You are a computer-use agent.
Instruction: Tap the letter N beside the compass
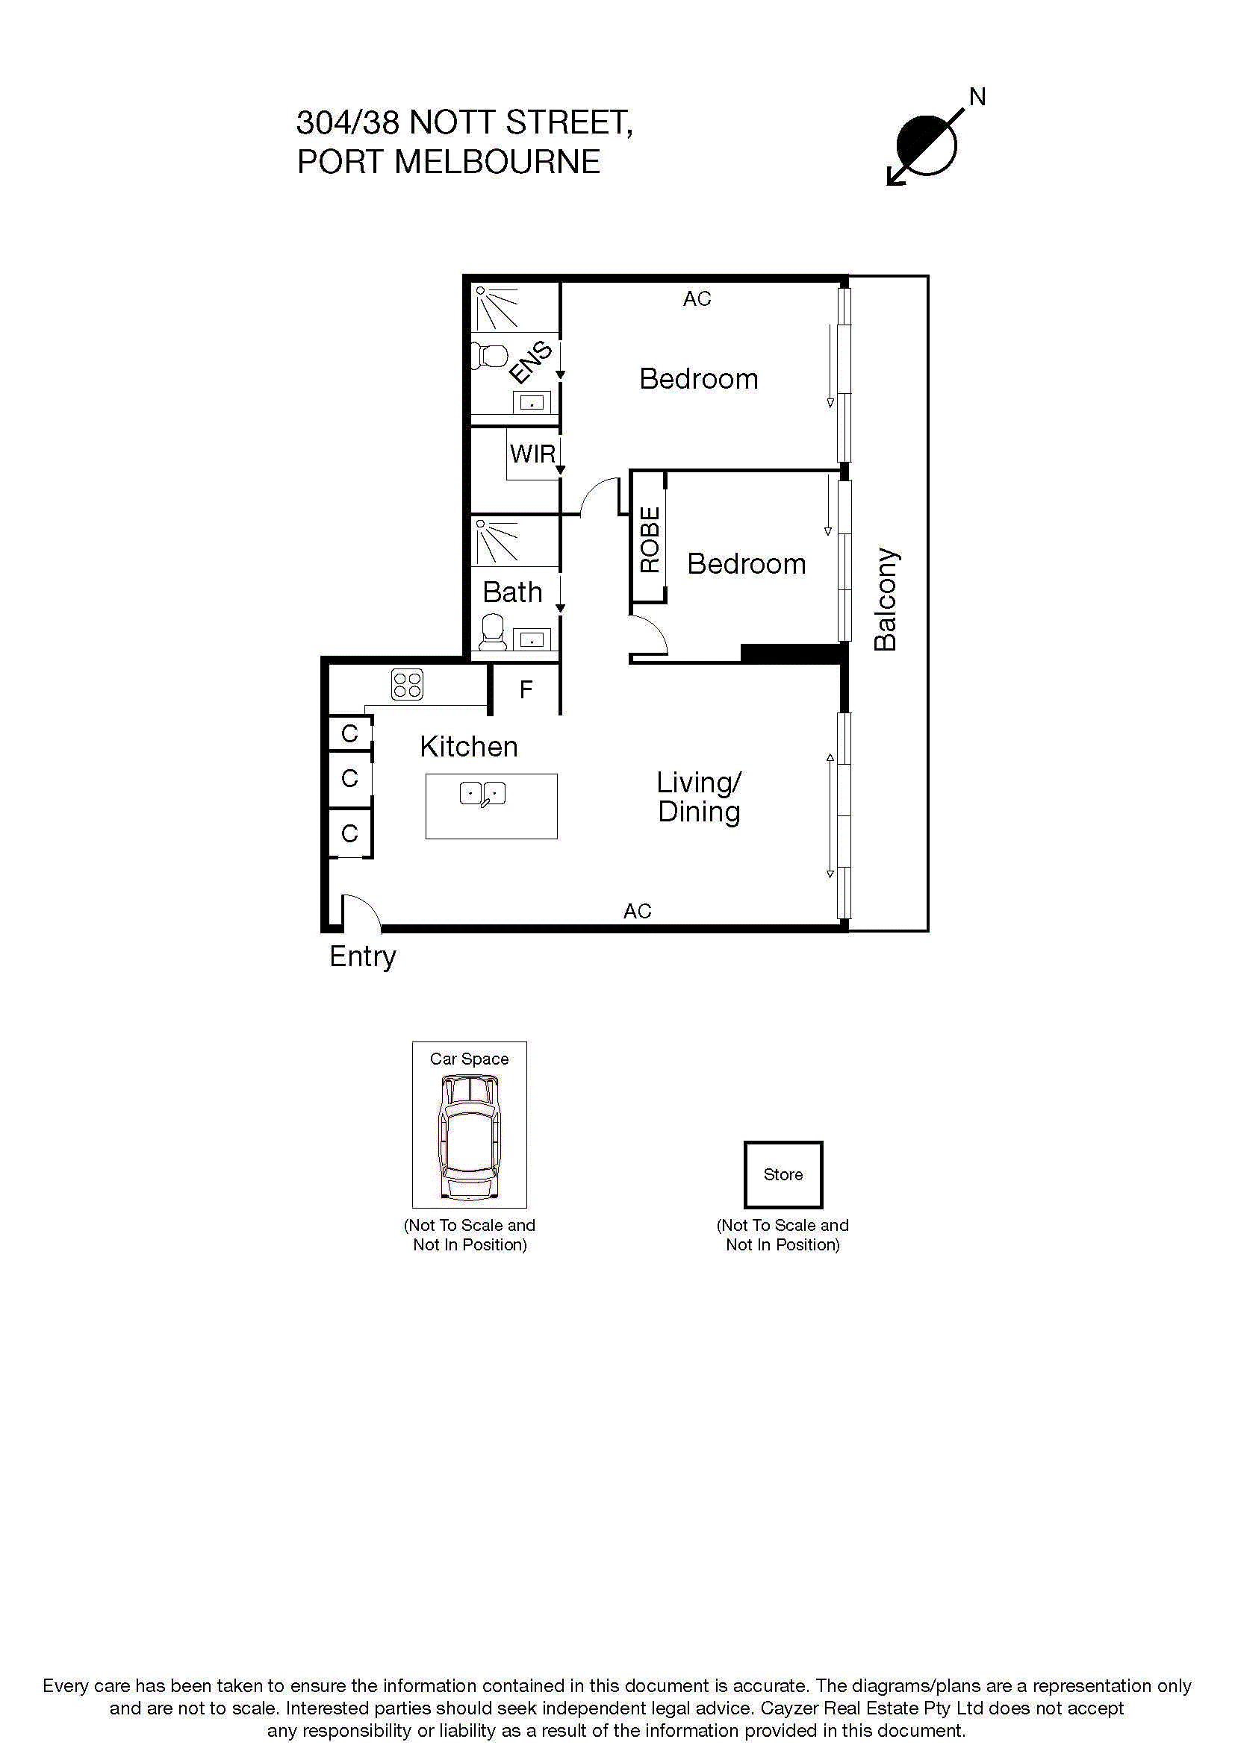pyautogui.click(x=977, y=97)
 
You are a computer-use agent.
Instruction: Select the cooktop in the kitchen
pyautogui.click(x=407, y=684)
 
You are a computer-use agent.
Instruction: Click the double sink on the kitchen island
pyautogui.click(x=483, y=794)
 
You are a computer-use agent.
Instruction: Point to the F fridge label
pyautogui.click(x=526, y=689)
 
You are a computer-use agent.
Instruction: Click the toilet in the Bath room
pyautogui.click(x=493, y=632)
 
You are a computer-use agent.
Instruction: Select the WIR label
pyautogui.click(x=532, y=454)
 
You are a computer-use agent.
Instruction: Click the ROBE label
pyautogui.click(x=650, y=539)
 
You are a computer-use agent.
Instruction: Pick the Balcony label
pyautogui.click(x=886, y=599)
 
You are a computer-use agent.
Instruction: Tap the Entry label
pyautogui.click(x=363, y=956)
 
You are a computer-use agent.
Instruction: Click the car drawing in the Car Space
pyautogui.click(x=469, y=1137)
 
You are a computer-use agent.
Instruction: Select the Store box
pyautogui.click(x=783, y=1174)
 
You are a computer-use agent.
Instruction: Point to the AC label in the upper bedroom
pyautogui.click(x=697, y=298)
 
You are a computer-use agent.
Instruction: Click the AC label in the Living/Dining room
pyautogui.click(x=637, y=910)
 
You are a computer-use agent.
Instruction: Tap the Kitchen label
pyautogui.click(x=468, y=746)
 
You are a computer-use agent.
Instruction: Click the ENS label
pyautogui.click(x=530, y=362)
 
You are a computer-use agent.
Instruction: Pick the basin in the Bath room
pyautogui.click(x=532, y=639)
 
